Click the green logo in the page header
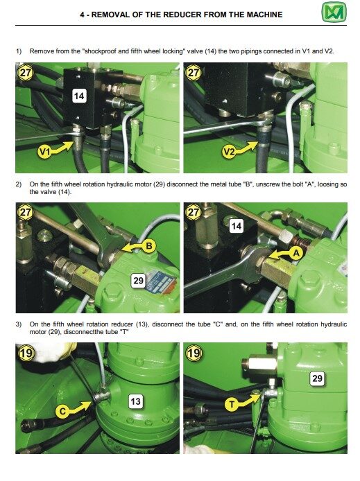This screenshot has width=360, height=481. (338, 13)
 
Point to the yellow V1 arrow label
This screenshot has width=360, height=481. (51, 147)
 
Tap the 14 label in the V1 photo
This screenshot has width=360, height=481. (79, 96)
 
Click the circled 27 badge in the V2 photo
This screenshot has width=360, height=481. (194, 73)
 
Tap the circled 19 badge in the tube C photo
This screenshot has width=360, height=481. (26, 353)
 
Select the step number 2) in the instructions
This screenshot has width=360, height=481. (19, 184)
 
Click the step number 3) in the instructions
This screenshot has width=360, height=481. (19, 324)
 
